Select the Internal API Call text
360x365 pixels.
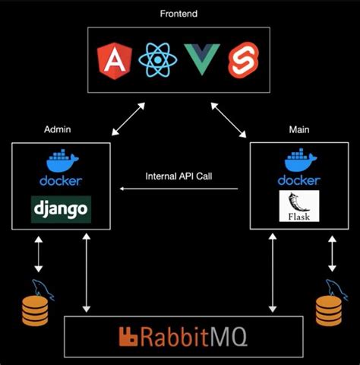click(179, 176)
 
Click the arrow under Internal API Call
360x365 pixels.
click(179, 189)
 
